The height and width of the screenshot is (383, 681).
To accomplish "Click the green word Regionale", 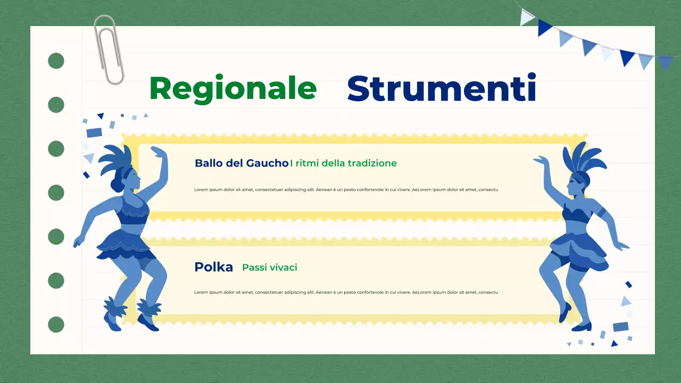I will [x=233, y=88].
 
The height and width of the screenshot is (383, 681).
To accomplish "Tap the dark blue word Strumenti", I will [x=441, y=88].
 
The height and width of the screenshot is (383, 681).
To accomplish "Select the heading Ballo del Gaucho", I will [x=242, y=163].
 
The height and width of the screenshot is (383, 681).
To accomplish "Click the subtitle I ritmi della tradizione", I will [x=344, y=163].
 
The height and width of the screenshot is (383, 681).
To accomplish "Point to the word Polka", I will [x=214, y=267].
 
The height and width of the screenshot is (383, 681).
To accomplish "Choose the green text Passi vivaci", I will [x=270, y=268].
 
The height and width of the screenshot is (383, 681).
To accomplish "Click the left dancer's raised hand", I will [x=157, y=151].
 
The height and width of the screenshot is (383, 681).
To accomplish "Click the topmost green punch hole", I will [x=56, y=61].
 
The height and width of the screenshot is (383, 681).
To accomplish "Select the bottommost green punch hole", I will [x=56, y=324].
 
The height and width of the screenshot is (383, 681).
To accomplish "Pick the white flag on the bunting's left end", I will [x=527, y=17].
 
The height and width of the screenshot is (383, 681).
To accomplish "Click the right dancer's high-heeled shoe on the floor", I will [x=582, y=326].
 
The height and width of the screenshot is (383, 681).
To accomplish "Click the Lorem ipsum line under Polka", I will [x=346, y=293].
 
